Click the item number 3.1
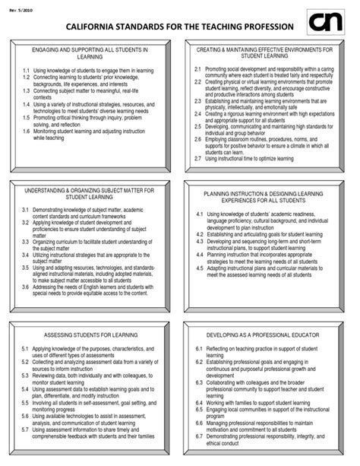(x=26, y=208)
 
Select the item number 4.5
(x=198, y=268)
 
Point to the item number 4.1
(x=199, y=215)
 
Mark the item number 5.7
(x=26, y=429)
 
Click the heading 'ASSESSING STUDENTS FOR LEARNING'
(x=90, y=334)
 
